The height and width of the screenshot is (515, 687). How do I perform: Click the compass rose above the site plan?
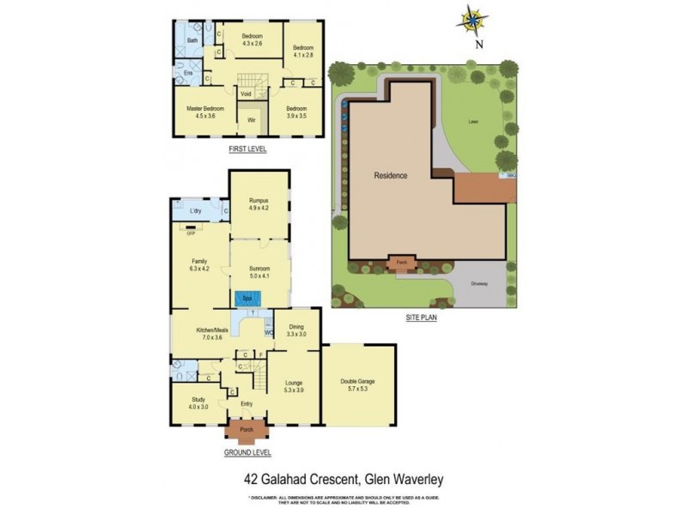point(471,18)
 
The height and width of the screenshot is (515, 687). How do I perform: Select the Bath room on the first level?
point(192,40)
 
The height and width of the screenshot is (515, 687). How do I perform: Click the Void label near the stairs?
point(246,94)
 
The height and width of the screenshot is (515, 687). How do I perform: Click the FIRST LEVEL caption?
point(247,148)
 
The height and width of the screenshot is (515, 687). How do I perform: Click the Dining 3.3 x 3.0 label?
point(296,330)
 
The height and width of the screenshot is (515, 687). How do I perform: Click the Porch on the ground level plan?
point(247,430)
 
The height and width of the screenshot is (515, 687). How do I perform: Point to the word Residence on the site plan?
point(390,175)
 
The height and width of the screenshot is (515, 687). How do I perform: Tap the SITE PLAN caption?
point(423,318)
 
